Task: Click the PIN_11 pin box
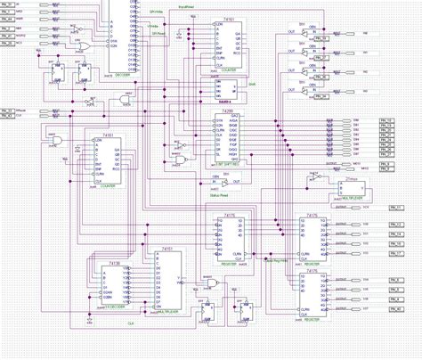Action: point(400,206)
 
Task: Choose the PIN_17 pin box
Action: point(400,253)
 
